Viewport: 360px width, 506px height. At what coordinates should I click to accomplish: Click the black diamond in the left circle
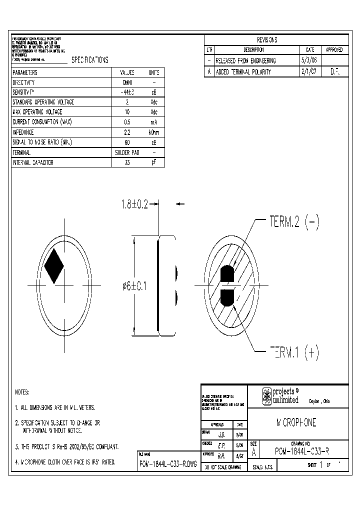pyautogui.click(x=53, y=265)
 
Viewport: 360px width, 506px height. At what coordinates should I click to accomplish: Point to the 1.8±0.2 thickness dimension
pyautogui.click(x=134, y=204)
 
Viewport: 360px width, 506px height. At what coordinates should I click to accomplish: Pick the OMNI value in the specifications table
pyautogui.click(x=127, y=82)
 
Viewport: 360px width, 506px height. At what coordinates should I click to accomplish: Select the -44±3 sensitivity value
pyautogui.click(x=127, y=92)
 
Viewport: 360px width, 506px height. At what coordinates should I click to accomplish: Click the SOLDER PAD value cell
pyautogui.click(x=127, y=152)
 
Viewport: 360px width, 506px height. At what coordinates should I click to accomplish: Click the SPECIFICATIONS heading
pyautogui.click(x=90, y=59)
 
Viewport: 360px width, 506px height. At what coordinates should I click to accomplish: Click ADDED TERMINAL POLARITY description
pyautogui.click(x=243, y=71)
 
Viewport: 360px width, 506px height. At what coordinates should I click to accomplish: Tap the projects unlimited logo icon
pyautogui.click(x=267, y=396)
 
